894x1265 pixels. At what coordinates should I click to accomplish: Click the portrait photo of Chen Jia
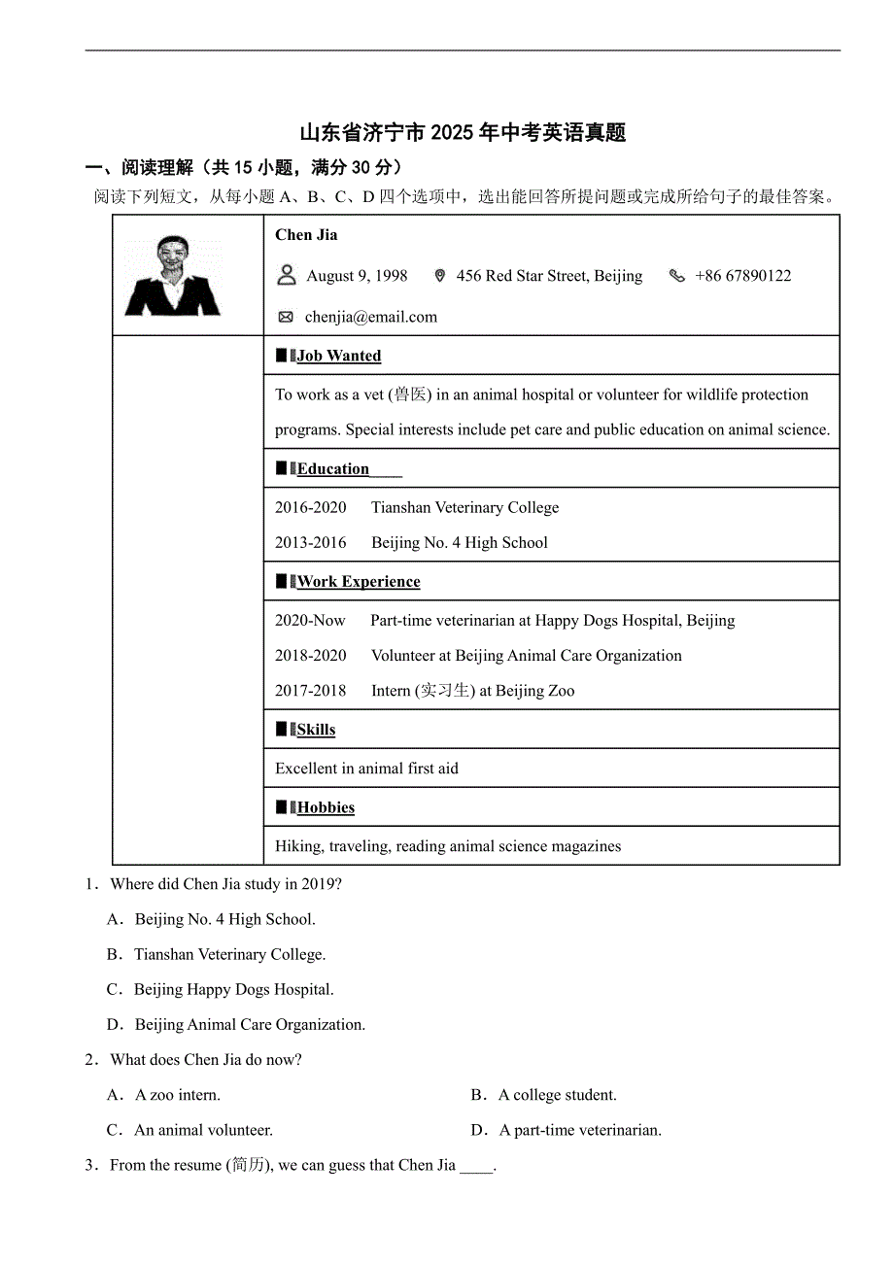(174, 276)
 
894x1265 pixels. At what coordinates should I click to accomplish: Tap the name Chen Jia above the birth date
(306, 235)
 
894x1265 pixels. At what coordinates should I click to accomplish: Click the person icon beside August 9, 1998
(287, 275)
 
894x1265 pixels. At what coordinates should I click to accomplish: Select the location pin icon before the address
(439, 276)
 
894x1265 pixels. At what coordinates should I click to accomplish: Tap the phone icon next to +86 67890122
(677, 276)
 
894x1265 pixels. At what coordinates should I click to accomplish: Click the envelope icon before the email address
(286, 317)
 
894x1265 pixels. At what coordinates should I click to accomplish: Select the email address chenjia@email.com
(371, 317)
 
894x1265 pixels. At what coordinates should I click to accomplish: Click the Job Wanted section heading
(338, 356)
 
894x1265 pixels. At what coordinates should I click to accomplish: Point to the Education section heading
(333, 469)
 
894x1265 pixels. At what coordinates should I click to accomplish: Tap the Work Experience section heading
(359, 582)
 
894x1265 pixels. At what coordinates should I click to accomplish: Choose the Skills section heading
(316, 730)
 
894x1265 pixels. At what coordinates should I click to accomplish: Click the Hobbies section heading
(326, 807)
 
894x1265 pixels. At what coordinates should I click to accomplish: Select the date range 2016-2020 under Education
(310, 508)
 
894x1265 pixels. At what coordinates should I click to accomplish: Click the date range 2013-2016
(310, 543)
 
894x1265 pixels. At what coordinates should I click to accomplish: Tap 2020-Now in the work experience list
(310, 621)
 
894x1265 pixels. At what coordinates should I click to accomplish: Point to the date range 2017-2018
(310, 691)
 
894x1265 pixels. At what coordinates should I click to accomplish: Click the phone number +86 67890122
(742, 276)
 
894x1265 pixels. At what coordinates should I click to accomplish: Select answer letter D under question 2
(478, 1130)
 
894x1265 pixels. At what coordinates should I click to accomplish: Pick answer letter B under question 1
(114, 955)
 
